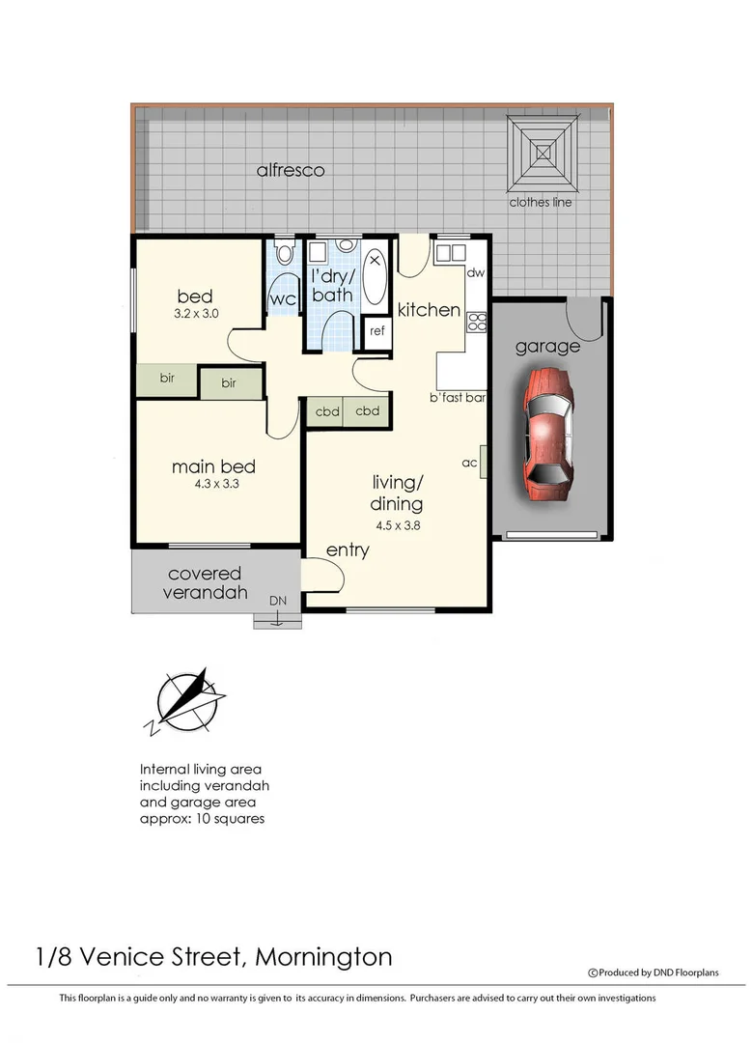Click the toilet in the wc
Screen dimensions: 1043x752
pos(284,256)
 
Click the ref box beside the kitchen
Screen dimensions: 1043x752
pos(376,331)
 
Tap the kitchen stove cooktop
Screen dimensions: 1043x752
pos(475,321)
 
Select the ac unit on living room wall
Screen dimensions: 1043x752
pos(484,463)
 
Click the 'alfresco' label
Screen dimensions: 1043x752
pos(291,171)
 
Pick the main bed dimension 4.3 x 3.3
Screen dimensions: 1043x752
pos(213,485)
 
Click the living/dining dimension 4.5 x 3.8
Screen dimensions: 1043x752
pos(397,526)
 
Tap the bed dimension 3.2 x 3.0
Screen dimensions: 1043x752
pos(195,314)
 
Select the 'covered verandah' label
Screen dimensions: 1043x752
pos(205,583)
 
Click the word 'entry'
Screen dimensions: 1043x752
pos(348,550)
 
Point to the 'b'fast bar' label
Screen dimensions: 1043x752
pos(458,397)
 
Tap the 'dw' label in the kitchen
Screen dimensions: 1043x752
pos(475,273)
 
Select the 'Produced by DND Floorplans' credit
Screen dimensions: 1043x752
pos(654,973)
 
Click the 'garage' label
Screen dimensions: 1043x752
pos(546,346)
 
